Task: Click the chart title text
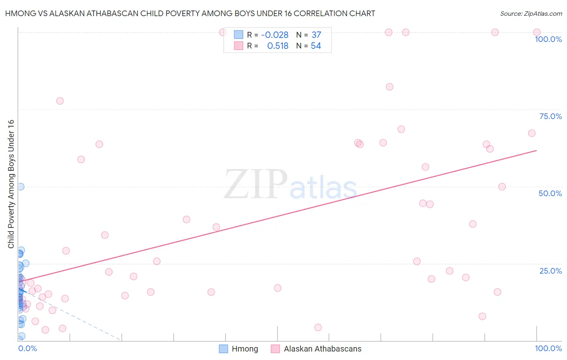[x=190, y=13]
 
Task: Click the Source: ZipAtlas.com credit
[x=531, y=14]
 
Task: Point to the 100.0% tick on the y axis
[x=548, y=39]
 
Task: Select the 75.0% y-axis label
[x=550, y=116]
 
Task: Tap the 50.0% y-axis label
[x=550, y=193]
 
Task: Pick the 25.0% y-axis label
[x=550, y=270]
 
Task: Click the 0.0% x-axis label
[x=27, y=348]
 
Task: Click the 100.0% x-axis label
[x=548, y=348]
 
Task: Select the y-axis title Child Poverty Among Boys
[x=11, y=184]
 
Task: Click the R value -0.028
[x=275, y=35]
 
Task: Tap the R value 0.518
[x=278, y=46]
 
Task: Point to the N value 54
[x=316, y=46]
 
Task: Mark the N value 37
[x=316, y=35]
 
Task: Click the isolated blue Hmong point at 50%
[x=21, y=186]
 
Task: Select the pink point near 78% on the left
[x=60, y=101]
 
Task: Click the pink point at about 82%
[x=390, y=87]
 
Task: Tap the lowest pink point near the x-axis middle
[x=318, y=327]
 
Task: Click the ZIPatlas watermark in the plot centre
[x=290, y=185]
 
